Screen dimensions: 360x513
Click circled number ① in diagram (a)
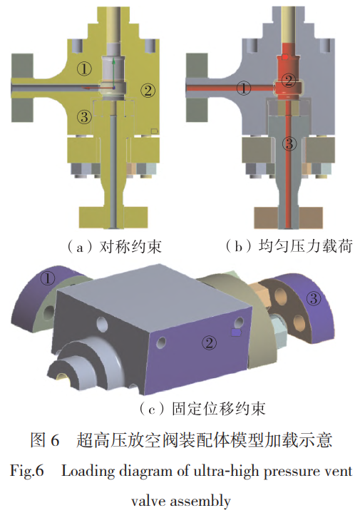point(84,68)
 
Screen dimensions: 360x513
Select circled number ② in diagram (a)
point(148,91)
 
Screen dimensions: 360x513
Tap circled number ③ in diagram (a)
point(84,116)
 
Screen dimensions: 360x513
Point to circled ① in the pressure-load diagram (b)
point(244,88)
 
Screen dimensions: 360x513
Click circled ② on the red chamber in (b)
point(289,81)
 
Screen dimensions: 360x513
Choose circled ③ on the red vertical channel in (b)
point(289,143)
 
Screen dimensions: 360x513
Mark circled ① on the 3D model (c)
point(48,279)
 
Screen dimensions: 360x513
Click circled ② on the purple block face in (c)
point(210,343)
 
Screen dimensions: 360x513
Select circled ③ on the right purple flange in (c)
point(313,298)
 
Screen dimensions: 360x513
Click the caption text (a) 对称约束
point(114,247)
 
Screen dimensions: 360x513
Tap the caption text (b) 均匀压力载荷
point(289,246)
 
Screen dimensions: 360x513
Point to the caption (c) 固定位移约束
point(202,409)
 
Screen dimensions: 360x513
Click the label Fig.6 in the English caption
point(27,471)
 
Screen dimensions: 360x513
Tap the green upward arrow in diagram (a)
point(114,73)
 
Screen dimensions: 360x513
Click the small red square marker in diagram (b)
point(285,57)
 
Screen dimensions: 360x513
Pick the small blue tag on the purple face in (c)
point(236,332)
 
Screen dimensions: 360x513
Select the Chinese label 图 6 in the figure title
point(45,440)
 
